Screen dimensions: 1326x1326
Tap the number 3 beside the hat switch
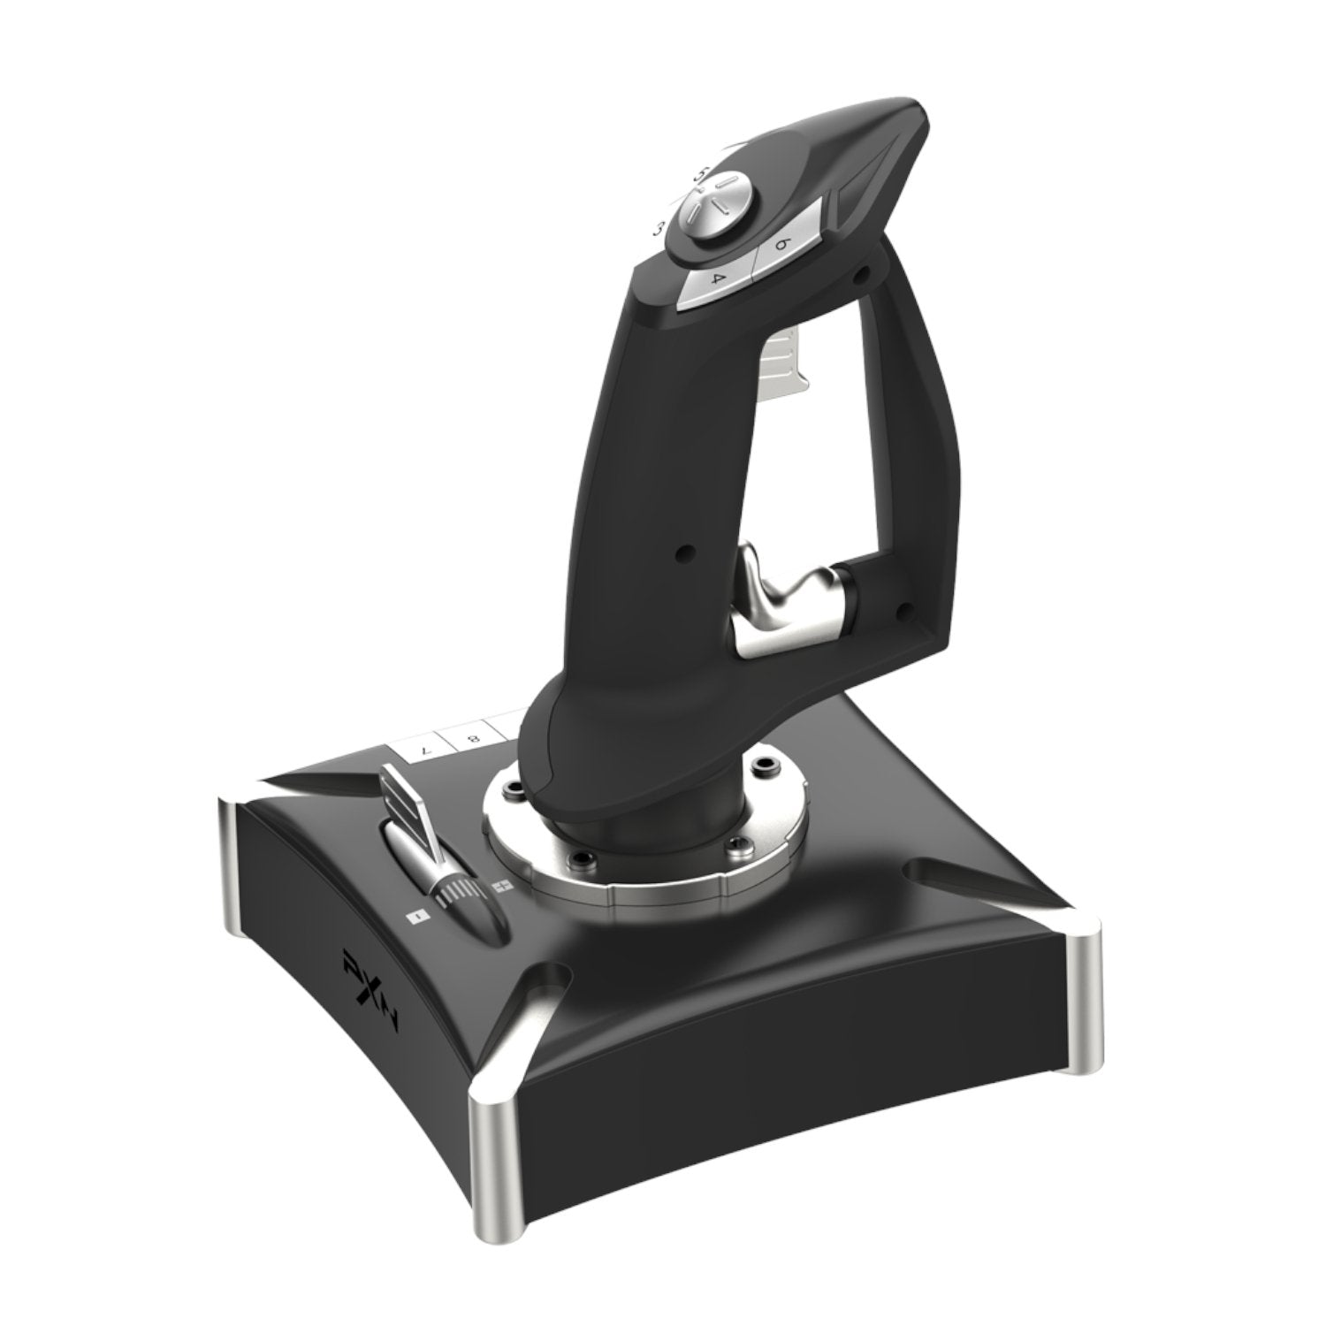pyautogui.click(x=658, y=230)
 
